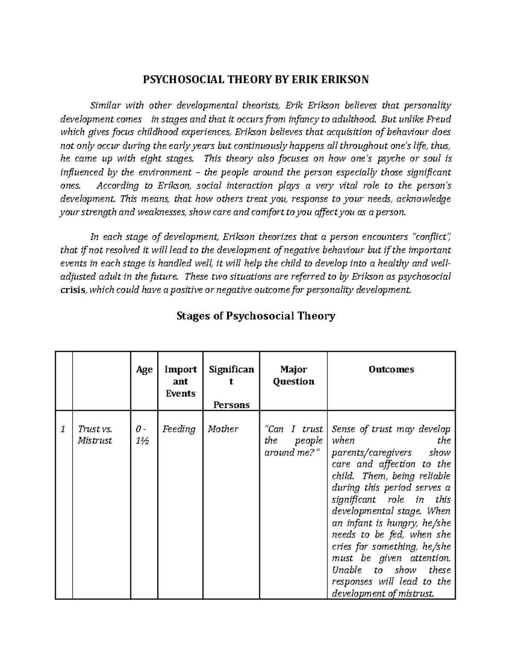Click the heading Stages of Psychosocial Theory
tap(256, 316)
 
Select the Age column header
tap(144, 370)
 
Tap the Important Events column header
tap(180, 381)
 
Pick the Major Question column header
tap(294, 375)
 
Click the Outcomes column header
tap(391, 370)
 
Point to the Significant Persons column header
tap(231, 387)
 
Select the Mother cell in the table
tap(223, 429)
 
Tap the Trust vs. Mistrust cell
tap(95, 435)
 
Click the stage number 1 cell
tap(63, 429)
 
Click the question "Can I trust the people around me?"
tap(293, 441)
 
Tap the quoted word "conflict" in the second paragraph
tap(430, 237)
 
